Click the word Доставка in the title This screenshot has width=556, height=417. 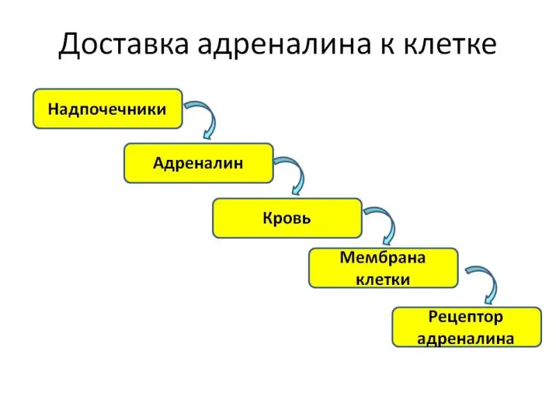click(124, 44)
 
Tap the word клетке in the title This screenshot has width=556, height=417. click(450, 44)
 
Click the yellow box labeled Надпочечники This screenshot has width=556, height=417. click(108, 108)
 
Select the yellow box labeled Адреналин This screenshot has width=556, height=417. click(199, 163)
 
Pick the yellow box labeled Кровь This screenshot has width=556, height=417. click(287, 218)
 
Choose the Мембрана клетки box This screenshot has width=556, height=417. click(384, 268)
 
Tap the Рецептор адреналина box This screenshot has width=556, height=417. click(466, 327)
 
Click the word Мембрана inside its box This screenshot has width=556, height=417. click(383, 258)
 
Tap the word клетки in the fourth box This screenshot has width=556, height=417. click(383, 280)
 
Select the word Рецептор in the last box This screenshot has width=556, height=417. click(466, 317)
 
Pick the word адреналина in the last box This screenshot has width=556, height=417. click(466, 338)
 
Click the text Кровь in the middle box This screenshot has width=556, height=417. click(287, 218)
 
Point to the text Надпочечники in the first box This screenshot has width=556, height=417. click(107, 109)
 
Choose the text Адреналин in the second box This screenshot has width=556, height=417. click(198, 163)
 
